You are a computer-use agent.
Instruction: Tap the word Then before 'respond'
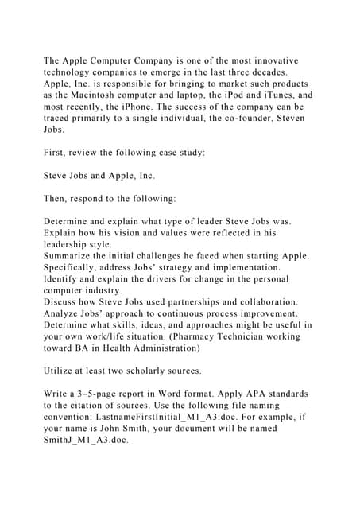tap(57, 210)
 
